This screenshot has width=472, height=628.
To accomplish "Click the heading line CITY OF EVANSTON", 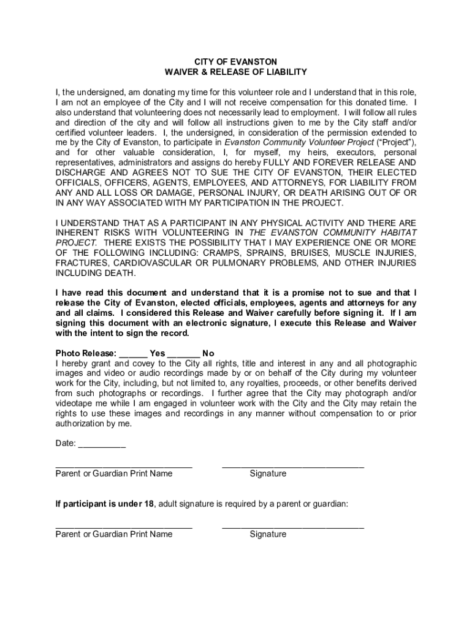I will point(235,62).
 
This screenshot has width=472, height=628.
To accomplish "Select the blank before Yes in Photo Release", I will point(132,353).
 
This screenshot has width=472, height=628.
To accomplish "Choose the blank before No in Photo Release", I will point(183,353).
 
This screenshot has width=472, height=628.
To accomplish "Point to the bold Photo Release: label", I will point(85,353).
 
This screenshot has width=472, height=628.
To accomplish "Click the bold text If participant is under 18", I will point(105,504).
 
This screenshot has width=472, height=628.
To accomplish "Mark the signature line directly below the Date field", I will point(292,467).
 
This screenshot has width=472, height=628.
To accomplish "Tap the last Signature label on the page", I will point(268,534).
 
